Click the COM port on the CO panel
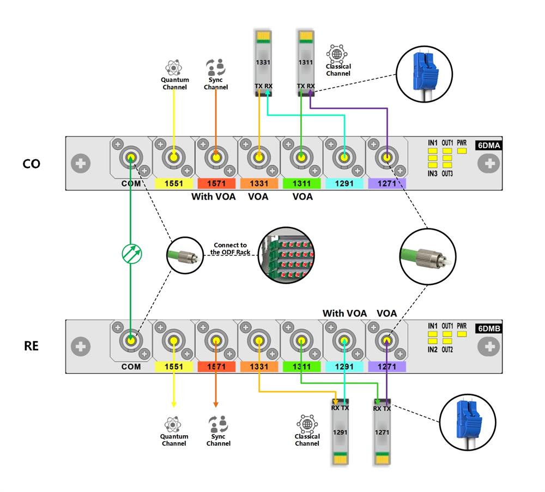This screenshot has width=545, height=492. tap(131, 159)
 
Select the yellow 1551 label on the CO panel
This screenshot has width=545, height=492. tap(173, 184)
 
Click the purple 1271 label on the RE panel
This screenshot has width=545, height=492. tap(386, 367)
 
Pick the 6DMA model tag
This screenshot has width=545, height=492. tap(489, 145)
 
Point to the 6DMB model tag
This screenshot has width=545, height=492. tap(489, 328)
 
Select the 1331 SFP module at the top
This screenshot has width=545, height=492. tap(263, 63)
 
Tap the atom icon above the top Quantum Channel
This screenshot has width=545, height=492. tap(174, 68)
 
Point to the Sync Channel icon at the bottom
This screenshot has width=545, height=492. tap(218, 424)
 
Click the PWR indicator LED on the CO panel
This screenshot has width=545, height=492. tap(462, 151)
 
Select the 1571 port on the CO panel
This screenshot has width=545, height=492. tap(216, 159)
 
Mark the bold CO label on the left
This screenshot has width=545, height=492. tap(31, 164)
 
